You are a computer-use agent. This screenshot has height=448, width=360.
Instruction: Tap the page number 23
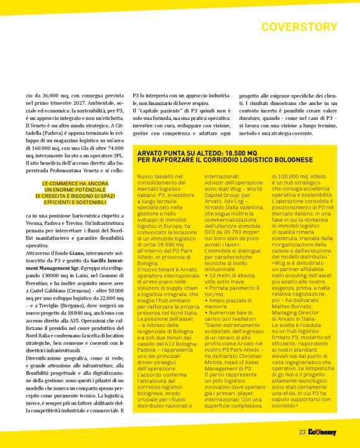[x=302, y=432]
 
